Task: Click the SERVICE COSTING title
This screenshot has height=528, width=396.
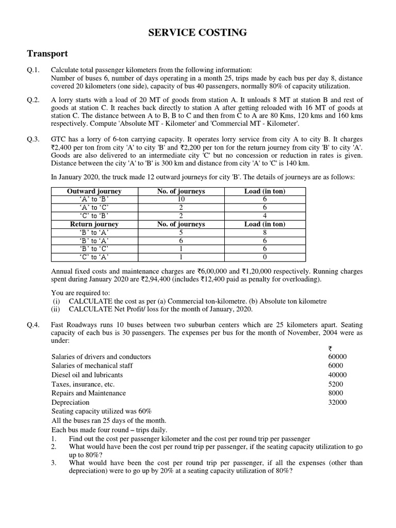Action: tap(198, 33)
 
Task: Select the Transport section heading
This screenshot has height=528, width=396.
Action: tap(47, 54)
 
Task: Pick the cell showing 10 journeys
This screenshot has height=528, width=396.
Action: tap(181, 200)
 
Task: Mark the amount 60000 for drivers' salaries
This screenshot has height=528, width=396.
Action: tap(337, 356)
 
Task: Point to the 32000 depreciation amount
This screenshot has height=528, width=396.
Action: tap(337, 402)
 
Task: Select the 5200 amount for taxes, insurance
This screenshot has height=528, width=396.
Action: tap(336, 384)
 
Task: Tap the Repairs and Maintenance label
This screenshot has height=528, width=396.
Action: tap(89, 393)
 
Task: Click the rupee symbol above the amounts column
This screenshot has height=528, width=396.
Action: tap(330, 348)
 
